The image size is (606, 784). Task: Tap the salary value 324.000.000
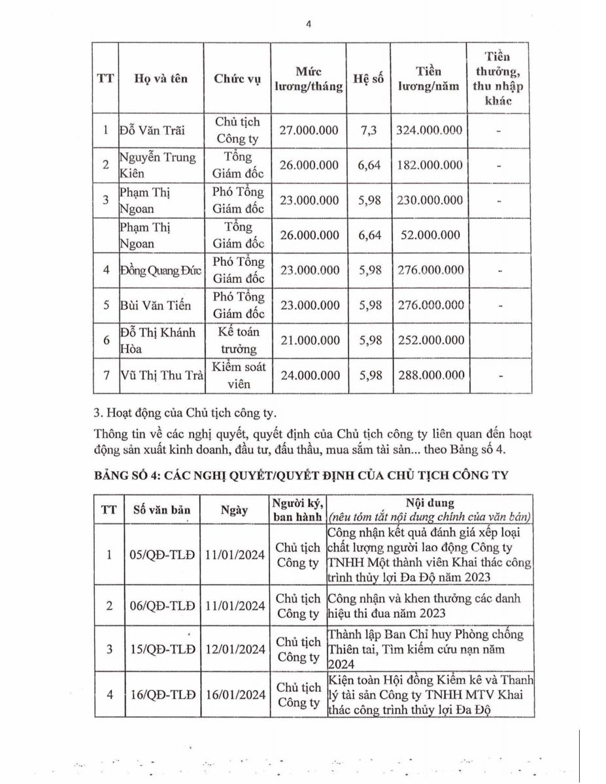click(x=429, y=130)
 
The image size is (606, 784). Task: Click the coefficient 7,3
click(x=368, y=130)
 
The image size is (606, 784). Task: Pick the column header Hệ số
click(x=368, y=78)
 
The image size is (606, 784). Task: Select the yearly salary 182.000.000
click(x=429, y=165)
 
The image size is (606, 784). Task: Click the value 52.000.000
click(x=429, y=235)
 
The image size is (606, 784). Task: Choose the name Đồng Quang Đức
click(x=160, y=270)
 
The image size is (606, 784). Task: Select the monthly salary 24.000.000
click(x=309, y=375)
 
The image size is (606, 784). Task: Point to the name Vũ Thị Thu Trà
click(x=160, y=375)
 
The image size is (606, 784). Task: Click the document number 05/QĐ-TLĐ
click(x=163, y=555)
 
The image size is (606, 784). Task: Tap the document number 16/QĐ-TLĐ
click(x=163, y=694)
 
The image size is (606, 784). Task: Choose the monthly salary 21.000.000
click(x=309, y=340)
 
